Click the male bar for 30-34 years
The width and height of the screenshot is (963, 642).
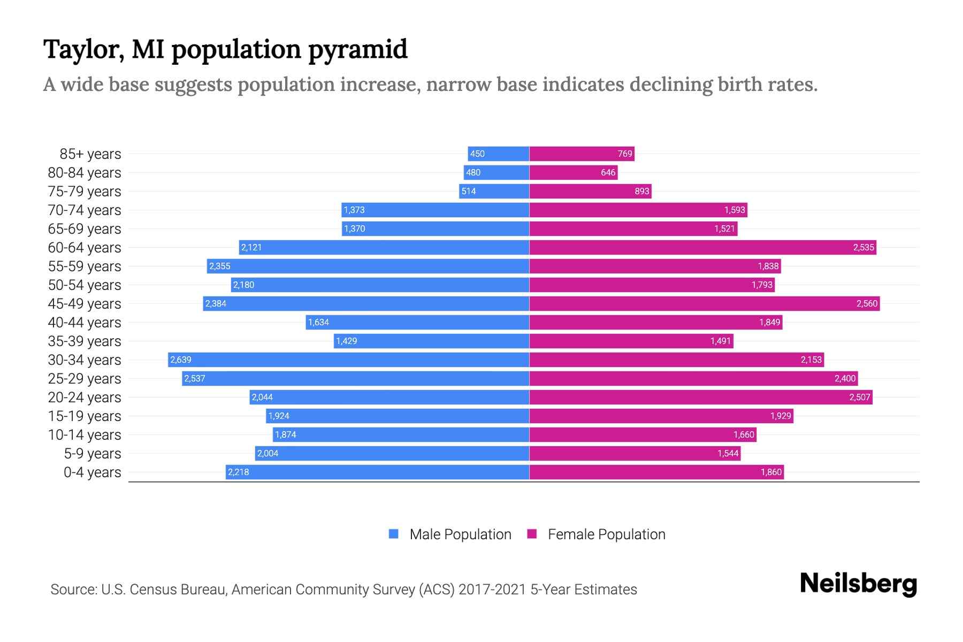[x=348, y=360]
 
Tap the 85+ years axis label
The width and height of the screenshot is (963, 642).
[x=90, y=154]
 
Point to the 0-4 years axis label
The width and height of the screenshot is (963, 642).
[x=92, y=472]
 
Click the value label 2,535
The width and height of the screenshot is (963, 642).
[x=863, y=247]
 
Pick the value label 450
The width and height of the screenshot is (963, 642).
[x=477, y=154]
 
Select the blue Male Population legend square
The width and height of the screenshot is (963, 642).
[x=394, y=534]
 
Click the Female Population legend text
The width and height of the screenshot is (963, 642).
[x=606, y=534]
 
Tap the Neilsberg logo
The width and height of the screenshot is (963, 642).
[x=858, y=584]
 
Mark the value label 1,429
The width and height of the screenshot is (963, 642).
[x=346, y=341]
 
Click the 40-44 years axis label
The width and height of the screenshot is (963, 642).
[x=85, y=323]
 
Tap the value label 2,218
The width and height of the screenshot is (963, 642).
[x=238, y=472]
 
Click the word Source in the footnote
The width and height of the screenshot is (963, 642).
[x=73, y=590]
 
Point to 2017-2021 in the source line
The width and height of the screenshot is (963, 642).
[x=492, y=590]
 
